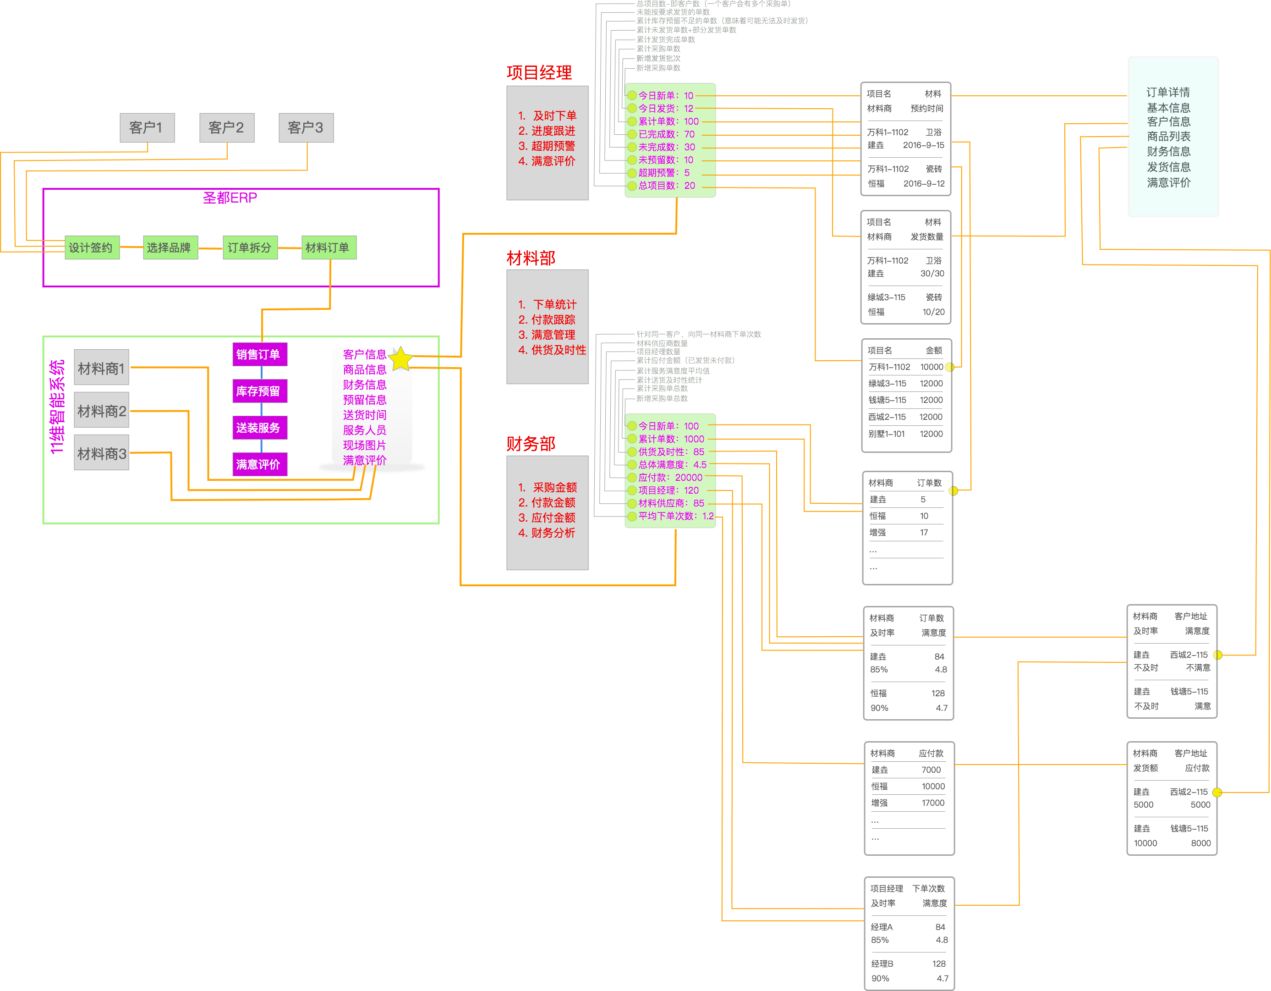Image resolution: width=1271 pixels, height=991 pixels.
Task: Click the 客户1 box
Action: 147,127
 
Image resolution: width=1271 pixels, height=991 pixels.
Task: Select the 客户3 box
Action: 306,127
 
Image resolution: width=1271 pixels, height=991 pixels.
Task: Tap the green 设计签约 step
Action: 91,248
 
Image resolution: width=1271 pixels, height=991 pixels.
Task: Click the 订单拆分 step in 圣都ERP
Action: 250,248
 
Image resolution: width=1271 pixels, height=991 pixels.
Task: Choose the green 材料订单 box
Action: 328,248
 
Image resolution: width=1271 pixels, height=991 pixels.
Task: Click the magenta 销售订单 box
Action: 259,354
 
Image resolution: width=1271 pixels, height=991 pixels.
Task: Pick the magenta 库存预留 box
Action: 259,391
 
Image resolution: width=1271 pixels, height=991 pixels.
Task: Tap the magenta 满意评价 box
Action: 259,464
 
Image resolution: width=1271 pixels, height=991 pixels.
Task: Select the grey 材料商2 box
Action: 101,411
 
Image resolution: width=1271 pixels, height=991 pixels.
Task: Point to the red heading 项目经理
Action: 539,73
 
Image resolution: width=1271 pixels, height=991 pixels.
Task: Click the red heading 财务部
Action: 531,444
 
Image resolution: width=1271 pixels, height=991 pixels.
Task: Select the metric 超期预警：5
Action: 663,173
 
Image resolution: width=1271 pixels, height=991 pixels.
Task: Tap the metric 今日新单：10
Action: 665,95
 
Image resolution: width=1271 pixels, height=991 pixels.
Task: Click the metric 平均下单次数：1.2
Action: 675,516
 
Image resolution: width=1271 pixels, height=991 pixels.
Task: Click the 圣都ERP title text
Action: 230,198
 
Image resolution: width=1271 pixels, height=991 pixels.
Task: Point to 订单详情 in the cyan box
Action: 1168,93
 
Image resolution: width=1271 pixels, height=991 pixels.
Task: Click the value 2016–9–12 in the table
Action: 924,183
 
